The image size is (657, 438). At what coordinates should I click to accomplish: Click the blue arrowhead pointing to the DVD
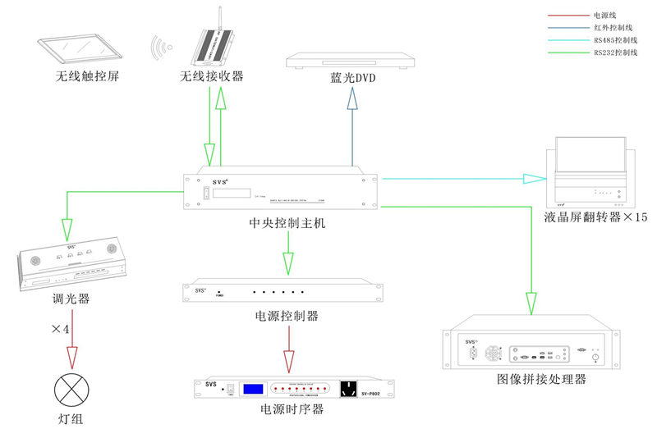coord(353,98)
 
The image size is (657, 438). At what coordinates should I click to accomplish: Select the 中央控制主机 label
coord(287,222)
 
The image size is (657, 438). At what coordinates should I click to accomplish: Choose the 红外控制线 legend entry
coord(611,28)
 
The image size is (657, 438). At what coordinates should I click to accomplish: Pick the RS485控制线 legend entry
coord(614,40)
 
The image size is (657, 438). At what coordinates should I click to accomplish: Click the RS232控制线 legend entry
coord(614,53)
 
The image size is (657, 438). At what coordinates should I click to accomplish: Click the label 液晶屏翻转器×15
coord(595,218)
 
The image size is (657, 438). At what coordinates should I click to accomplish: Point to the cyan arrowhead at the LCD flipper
coord(537,177)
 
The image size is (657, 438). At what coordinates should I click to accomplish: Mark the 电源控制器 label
coord(287,315)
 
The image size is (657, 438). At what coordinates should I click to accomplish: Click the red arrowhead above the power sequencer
coord(288,362)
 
